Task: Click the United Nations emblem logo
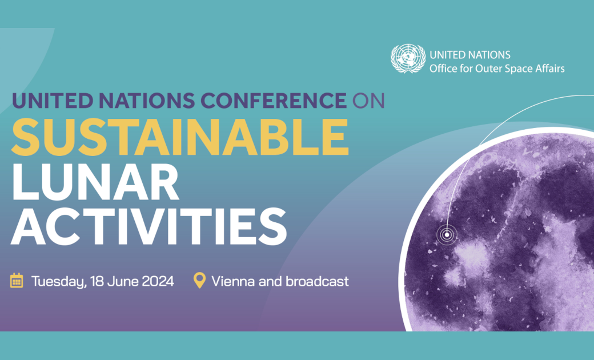click(x=408, y=59)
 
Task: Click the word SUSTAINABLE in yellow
click(x=180, y=138)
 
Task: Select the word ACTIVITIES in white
click(x=149, y=227)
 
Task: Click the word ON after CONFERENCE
click(x=369, y=100)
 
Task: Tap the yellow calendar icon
click(x=17, y=281)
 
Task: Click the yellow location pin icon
click(x=199, y=281)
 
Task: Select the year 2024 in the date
click(x=156, y=281)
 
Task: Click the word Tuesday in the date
click(x=55, y=281)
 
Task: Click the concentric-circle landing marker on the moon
click(x=446, y=234)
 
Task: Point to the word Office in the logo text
click(x=442, y=69)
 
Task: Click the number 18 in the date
click(x=95, y=281)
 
